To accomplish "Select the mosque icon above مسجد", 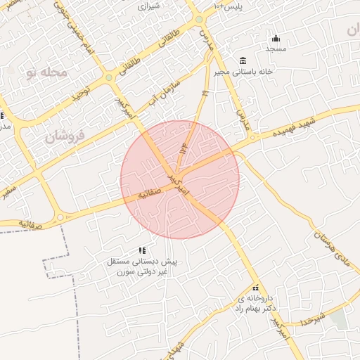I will click(x=276, y=38).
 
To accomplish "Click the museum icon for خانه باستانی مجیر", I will click(x=243, y=58).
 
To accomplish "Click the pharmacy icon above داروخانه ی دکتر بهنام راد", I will click(x=256, y=288).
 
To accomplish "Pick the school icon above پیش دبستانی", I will click(x=142, y=250).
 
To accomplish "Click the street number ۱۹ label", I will click(x=205, y=93).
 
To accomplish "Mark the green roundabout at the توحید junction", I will click(x=110, y=77).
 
